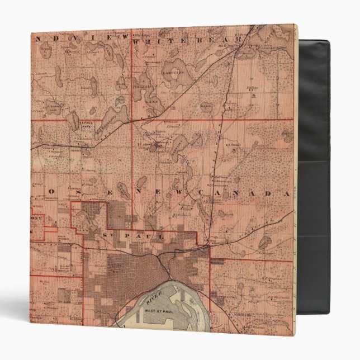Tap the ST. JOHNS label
tap(143, 141)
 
